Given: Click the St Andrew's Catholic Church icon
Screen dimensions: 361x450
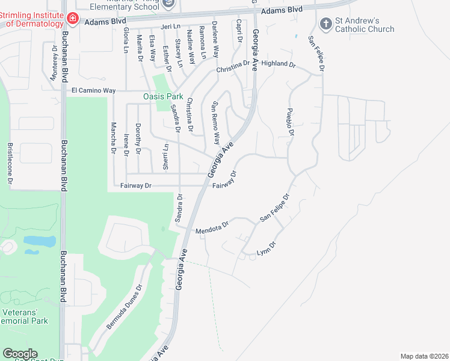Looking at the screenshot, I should (326, 24).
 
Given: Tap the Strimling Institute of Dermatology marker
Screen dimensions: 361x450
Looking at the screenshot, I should (72, 19).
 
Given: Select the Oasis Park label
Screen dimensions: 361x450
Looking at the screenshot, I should (162, 96).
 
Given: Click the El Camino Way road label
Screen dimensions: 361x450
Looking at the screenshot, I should (93, 90).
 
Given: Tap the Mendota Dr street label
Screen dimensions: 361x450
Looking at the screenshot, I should (212, 227).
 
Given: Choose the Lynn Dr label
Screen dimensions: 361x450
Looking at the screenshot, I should (266, 247).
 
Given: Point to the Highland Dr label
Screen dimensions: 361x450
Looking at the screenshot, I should (279, 63).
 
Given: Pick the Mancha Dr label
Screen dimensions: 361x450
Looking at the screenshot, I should (112, 138).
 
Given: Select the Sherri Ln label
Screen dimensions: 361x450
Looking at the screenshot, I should (165, 155).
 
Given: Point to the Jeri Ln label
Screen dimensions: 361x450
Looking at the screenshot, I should (171, 26).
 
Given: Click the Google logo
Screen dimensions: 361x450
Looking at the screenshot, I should (20, 354).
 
